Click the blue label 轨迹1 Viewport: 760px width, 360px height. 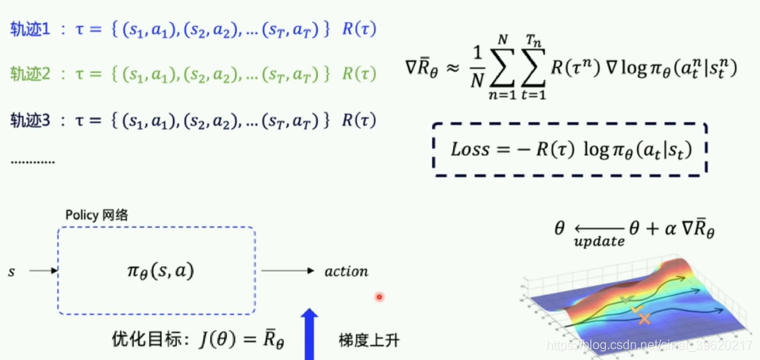click(29, 30)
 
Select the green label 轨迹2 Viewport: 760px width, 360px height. click(29, 75)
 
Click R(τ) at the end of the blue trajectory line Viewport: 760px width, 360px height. click(359, 30)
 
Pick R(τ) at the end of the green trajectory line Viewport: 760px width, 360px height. click(359, 75)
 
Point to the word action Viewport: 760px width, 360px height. click(346, 271)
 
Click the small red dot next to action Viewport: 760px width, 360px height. click(379, 297)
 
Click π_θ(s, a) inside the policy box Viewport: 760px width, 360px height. click(155, 270)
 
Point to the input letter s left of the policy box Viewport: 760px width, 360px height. click(12, 271)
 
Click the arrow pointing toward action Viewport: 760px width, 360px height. click(290, 271)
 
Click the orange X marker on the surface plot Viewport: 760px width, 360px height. click(644, 318)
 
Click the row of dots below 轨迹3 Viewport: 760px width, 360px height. click(33, 162)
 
